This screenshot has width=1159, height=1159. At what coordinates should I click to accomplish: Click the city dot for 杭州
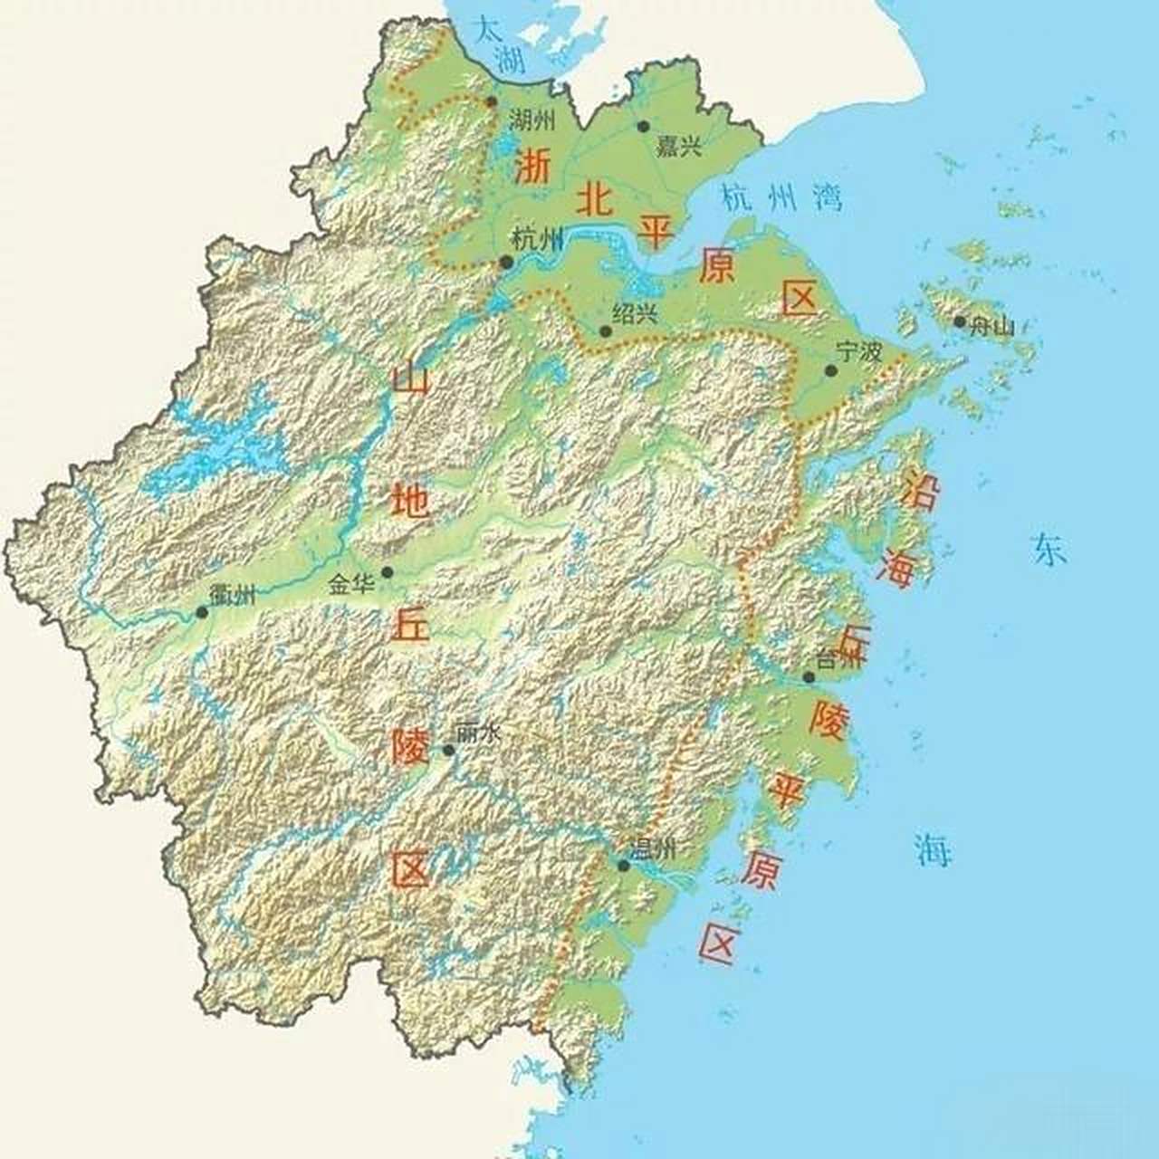507,263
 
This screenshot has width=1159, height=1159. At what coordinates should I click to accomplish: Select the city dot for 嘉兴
644,127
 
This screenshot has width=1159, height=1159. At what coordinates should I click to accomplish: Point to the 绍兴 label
634,313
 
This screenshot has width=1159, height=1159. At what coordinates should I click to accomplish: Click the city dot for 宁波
831,370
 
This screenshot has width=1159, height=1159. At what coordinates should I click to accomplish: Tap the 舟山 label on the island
991,327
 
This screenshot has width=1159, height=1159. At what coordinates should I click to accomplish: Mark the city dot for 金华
388,571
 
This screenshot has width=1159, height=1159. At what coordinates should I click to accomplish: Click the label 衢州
233,595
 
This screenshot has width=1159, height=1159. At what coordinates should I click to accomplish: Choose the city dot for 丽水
448,751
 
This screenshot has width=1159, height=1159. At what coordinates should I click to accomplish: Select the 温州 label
653,848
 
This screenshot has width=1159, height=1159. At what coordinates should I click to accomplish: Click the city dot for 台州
809,677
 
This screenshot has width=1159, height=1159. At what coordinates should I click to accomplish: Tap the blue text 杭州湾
781,197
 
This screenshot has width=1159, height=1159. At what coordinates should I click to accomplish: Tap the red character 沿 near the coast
921,493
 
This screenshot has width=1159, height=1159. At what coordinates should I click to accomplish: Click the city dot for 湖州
492,102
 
